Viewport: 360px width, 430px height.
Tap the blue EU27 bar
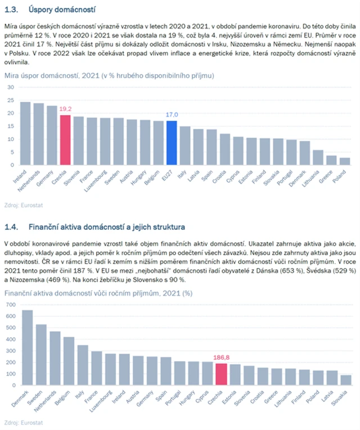pyautogui.click(x=172, y=143)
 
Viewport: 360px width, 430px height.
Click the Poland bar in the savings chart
pyautogui.click(x=344, y=161)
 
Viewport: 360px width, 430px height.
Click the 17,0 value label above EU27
pyautogui.click(x=172, y=115)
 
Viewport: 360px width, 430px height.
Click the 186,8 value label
pyautogui.click(x=221, y=357)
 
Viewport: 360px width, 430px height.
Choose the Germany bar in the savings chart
pyautogui.click(x=52, y=135)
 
